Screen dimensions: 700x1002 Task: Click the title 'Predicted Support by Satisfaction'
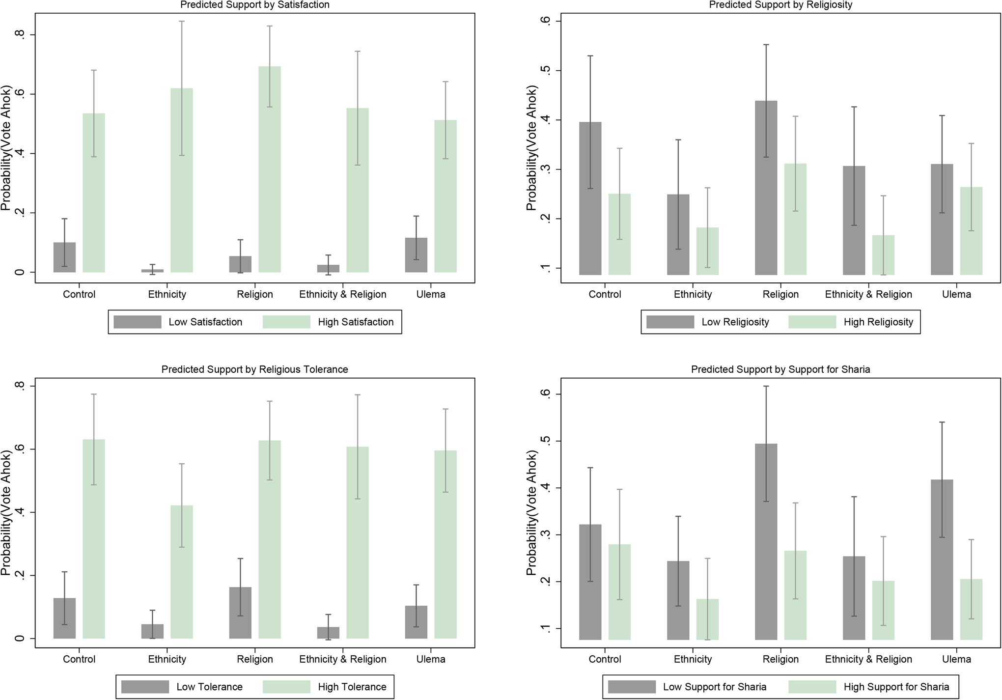(254, 5)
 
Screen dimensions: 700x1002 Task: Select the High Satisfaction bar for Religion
(270, 169)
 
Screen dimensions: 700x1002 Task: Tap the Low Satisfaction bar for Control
(64, 257)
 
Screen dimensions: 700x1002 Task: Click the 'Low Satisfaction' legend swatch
(138, 322)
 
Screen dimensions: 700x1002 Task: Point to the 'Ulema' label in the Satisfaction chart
(431, 294)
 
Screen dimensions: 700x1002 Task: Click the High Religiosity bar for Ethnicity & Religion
(883, 255)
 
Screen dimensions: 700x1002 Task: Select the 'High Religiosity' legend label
(878, 322)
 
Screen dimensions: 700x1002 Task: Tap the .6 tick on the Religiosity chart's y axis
(545, 21)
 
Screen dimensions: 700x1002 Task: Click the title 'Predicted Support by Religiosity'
(780, 5)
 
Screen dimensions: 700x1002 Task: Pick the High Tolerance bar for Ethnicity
(182, 572)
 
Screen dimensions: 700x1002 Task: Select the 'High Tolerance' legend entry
(352, 687)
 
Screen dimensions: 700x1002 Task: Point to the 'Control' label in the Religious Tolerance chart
(79, 659)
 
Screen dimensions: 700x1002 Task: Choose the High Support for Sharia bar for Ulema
(971, 609)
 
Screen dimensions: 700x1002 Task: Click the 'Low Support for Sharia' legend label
(714, 687)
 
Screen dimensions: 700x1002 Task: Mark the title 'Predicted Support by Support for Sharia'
(780, 369)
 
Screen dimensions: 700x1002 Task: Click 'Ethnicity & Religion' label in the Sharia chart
(868, 659)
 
